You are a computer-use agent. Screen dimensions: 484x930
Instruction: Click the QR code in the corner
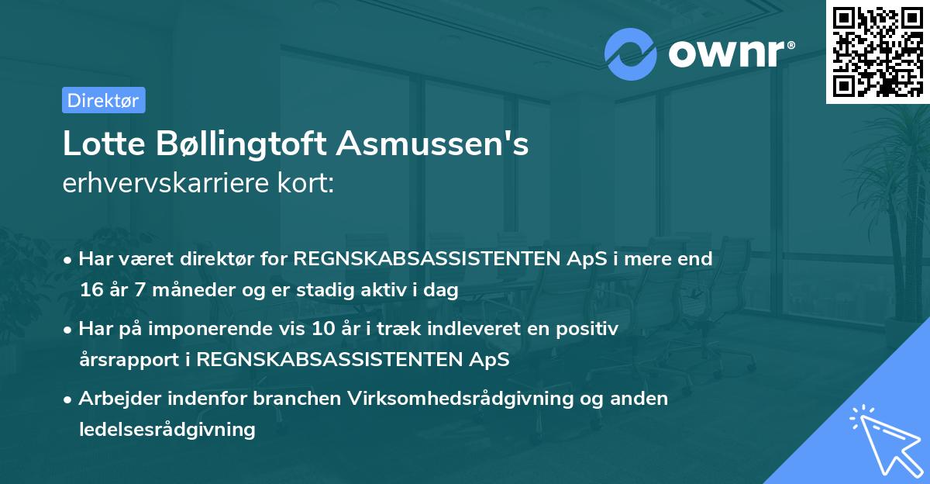877,51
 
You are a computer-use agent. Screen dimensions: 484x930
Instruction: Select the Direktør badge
103,100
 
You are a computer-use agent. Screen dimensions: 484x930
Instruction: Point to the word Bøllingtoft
239,144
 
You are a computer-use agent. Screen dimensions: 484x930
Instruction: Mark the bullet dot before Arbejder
70,399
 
